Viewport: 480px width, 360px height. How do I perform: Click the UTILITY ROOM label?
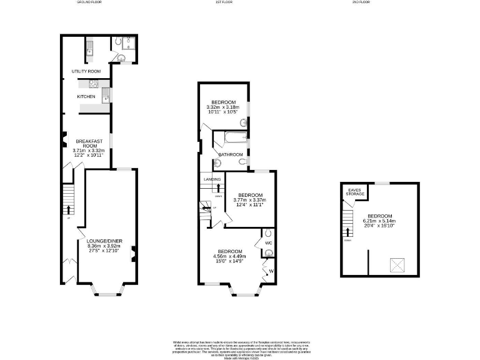pyautogui.click(x=86, y=71)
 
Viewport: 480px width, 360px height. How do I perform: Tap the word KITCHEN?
pyautogui.click(x=86, y=97)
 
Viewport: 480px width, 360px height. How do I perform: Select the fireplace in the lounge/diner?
pyautogui.click(x=133, y=253)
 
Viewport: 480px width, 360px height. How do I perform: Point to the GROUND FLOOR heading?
pyautogui.click(x=89, y=2)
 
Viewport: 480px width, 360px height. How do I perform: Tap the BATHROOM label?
pyautogui.click(x=230, y=154)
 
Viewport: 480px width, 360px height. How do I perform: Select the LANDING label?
pyautogui.click(x=211, y=179)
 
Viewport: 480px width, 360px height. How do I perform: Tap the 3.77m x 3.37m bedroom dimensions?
pyautogui.click(x=249, y=200)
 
